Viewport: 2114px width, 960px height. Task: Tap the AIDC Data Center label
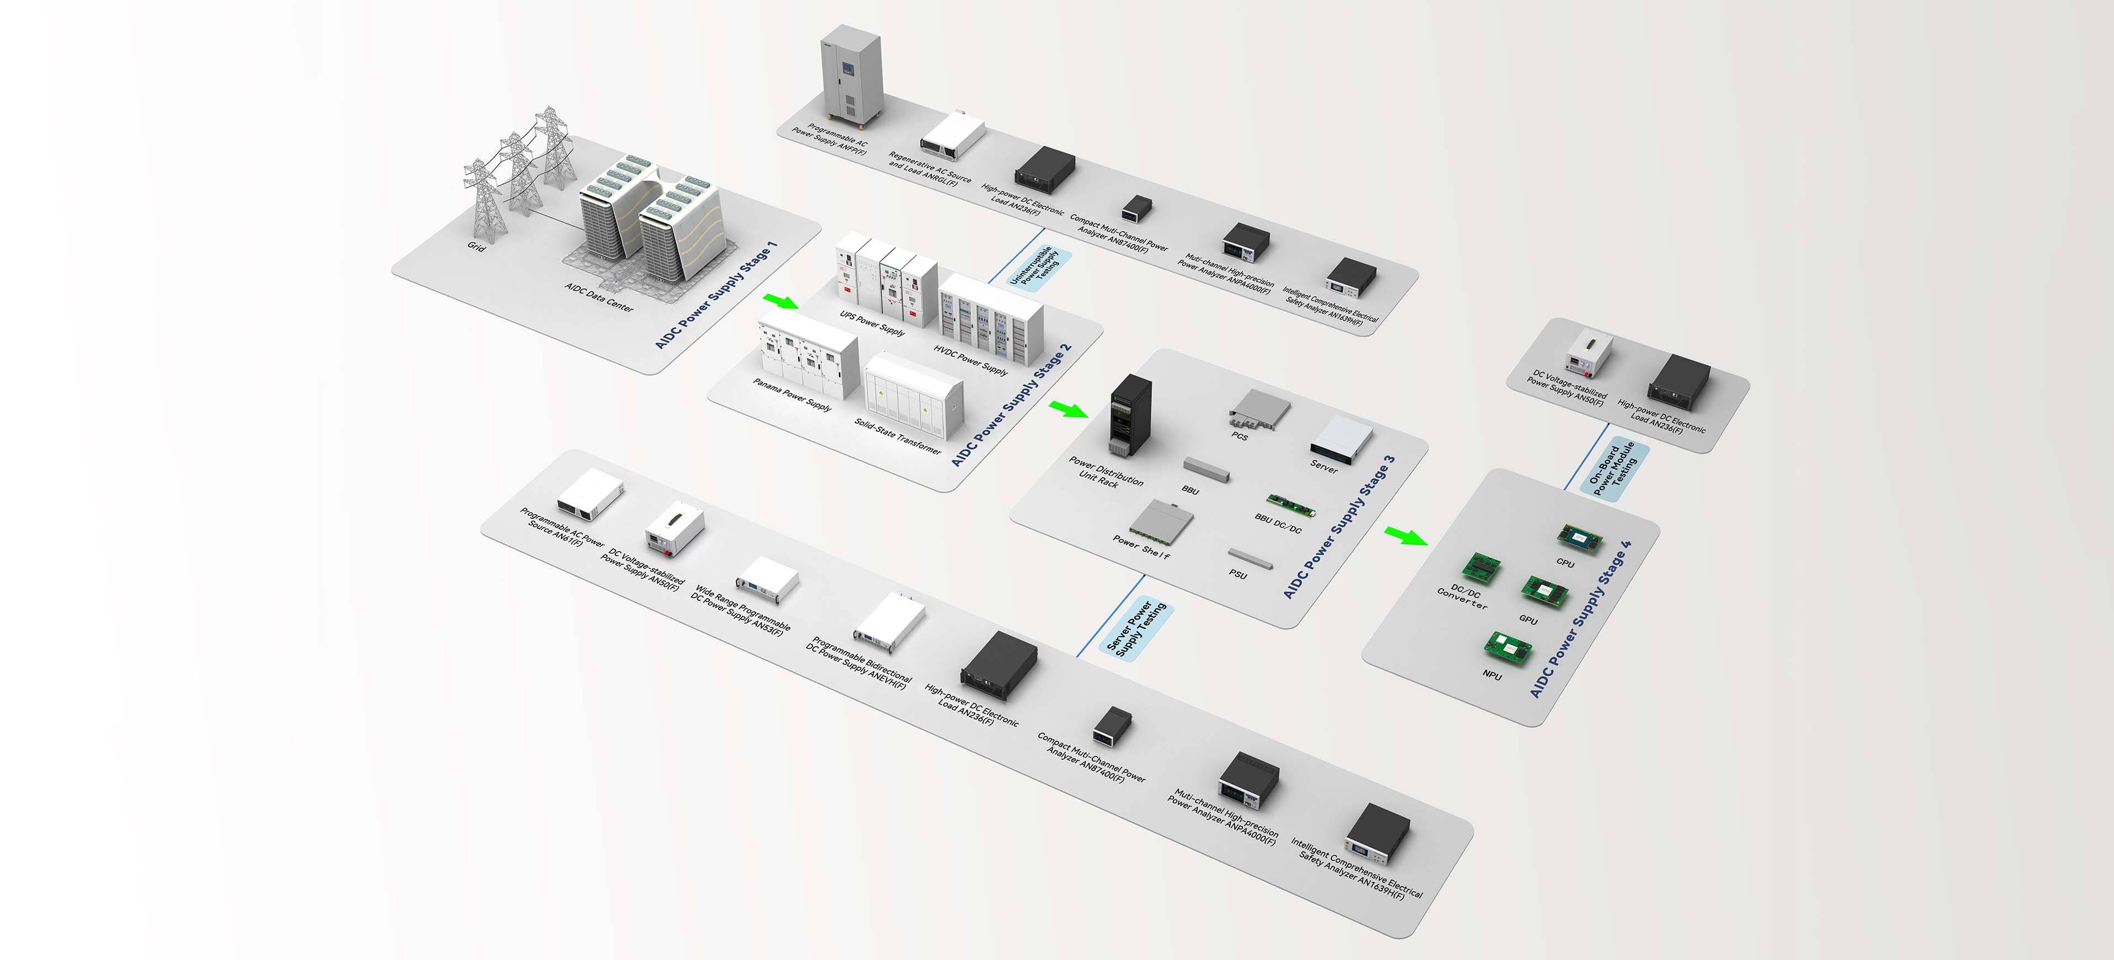599,297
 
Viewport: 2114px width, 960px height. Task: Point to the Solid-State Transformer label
898,436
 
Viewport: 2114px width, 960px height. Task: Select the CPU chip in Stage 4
1580,538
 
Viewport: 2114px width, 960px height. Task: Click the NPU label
1492,675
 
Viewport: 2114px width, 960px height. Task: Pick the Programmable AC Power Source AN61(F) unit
590,495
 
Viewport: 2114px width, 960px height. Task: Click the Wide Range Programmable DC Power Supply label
741,609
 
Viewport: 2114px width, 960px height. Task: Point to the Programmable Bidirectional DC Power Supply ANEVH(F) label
858,663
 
